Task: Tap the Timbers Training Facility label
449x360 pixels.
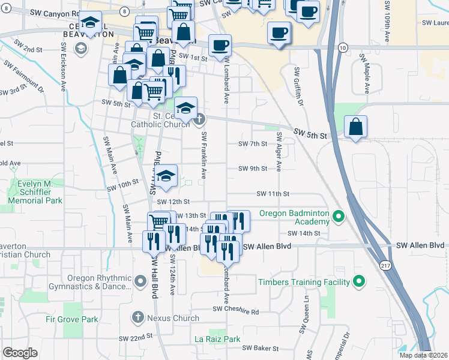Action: point(304,281)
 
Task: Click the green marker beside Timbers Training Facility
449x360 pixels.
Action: point(359,281)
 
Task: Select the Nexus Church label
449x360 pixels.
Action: point(173,318)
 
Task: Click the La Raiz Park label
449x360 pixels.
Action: point(217,339)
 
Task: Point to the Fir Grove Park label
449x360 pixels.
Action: point(72,319)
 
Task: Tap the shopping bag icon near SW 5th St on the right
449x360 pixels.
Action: point(356,127)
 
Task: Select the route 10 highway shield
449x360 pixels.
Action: point(342,47)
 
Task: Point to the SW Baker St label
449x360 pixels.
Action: point(261,348)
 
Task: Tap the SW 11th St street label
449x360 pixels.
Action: point(273,194)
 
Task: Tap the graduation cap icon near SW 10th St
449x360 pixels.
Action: point(167,176)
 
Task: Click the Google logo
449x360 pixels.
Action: point(20,353)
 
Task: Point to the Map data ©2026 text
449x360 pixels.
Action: point(423,355)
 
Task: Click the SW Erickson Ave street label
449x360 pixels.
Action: point(63,73)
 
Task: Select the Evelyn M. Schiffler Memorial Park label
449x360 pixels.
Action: point(37,191)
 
